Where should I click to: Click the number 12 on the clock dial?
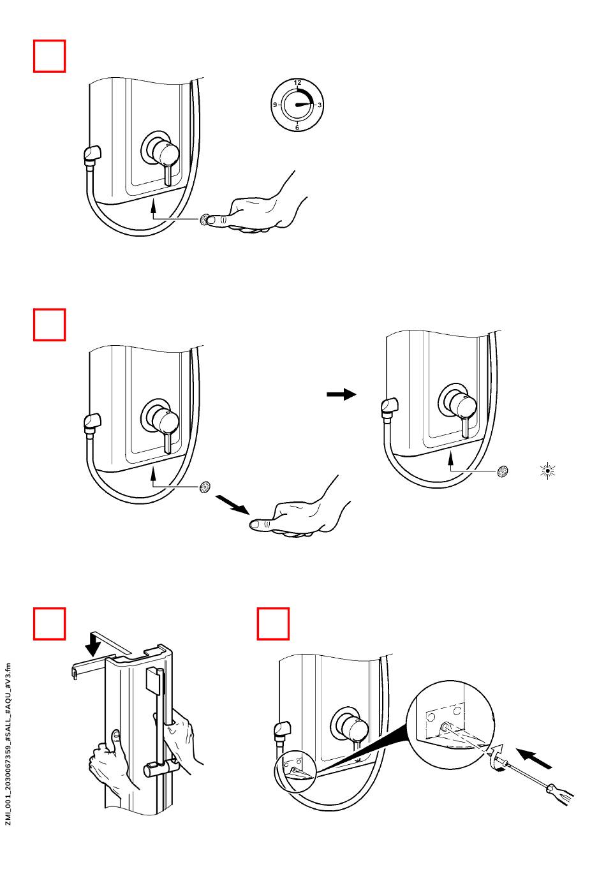[297, 83]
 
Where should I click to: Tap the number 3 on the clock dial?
[320, 105]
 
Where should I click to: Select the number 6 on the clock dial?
[297, 128]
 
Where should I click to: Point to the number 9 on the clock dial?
[275, 105]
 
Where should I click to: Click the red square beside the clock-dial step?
[49, 56]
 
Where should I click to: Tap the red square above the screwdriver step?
[273, 623]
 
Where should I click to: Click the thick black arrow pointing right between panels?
[341, 394]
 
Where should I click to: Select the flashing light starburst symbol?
[547, 471]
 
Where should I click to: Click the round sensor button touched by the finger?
[205, 220]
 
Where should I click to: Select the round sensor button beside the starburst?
[503, 472]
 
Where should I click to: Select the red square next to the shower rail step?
[49, 623]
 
